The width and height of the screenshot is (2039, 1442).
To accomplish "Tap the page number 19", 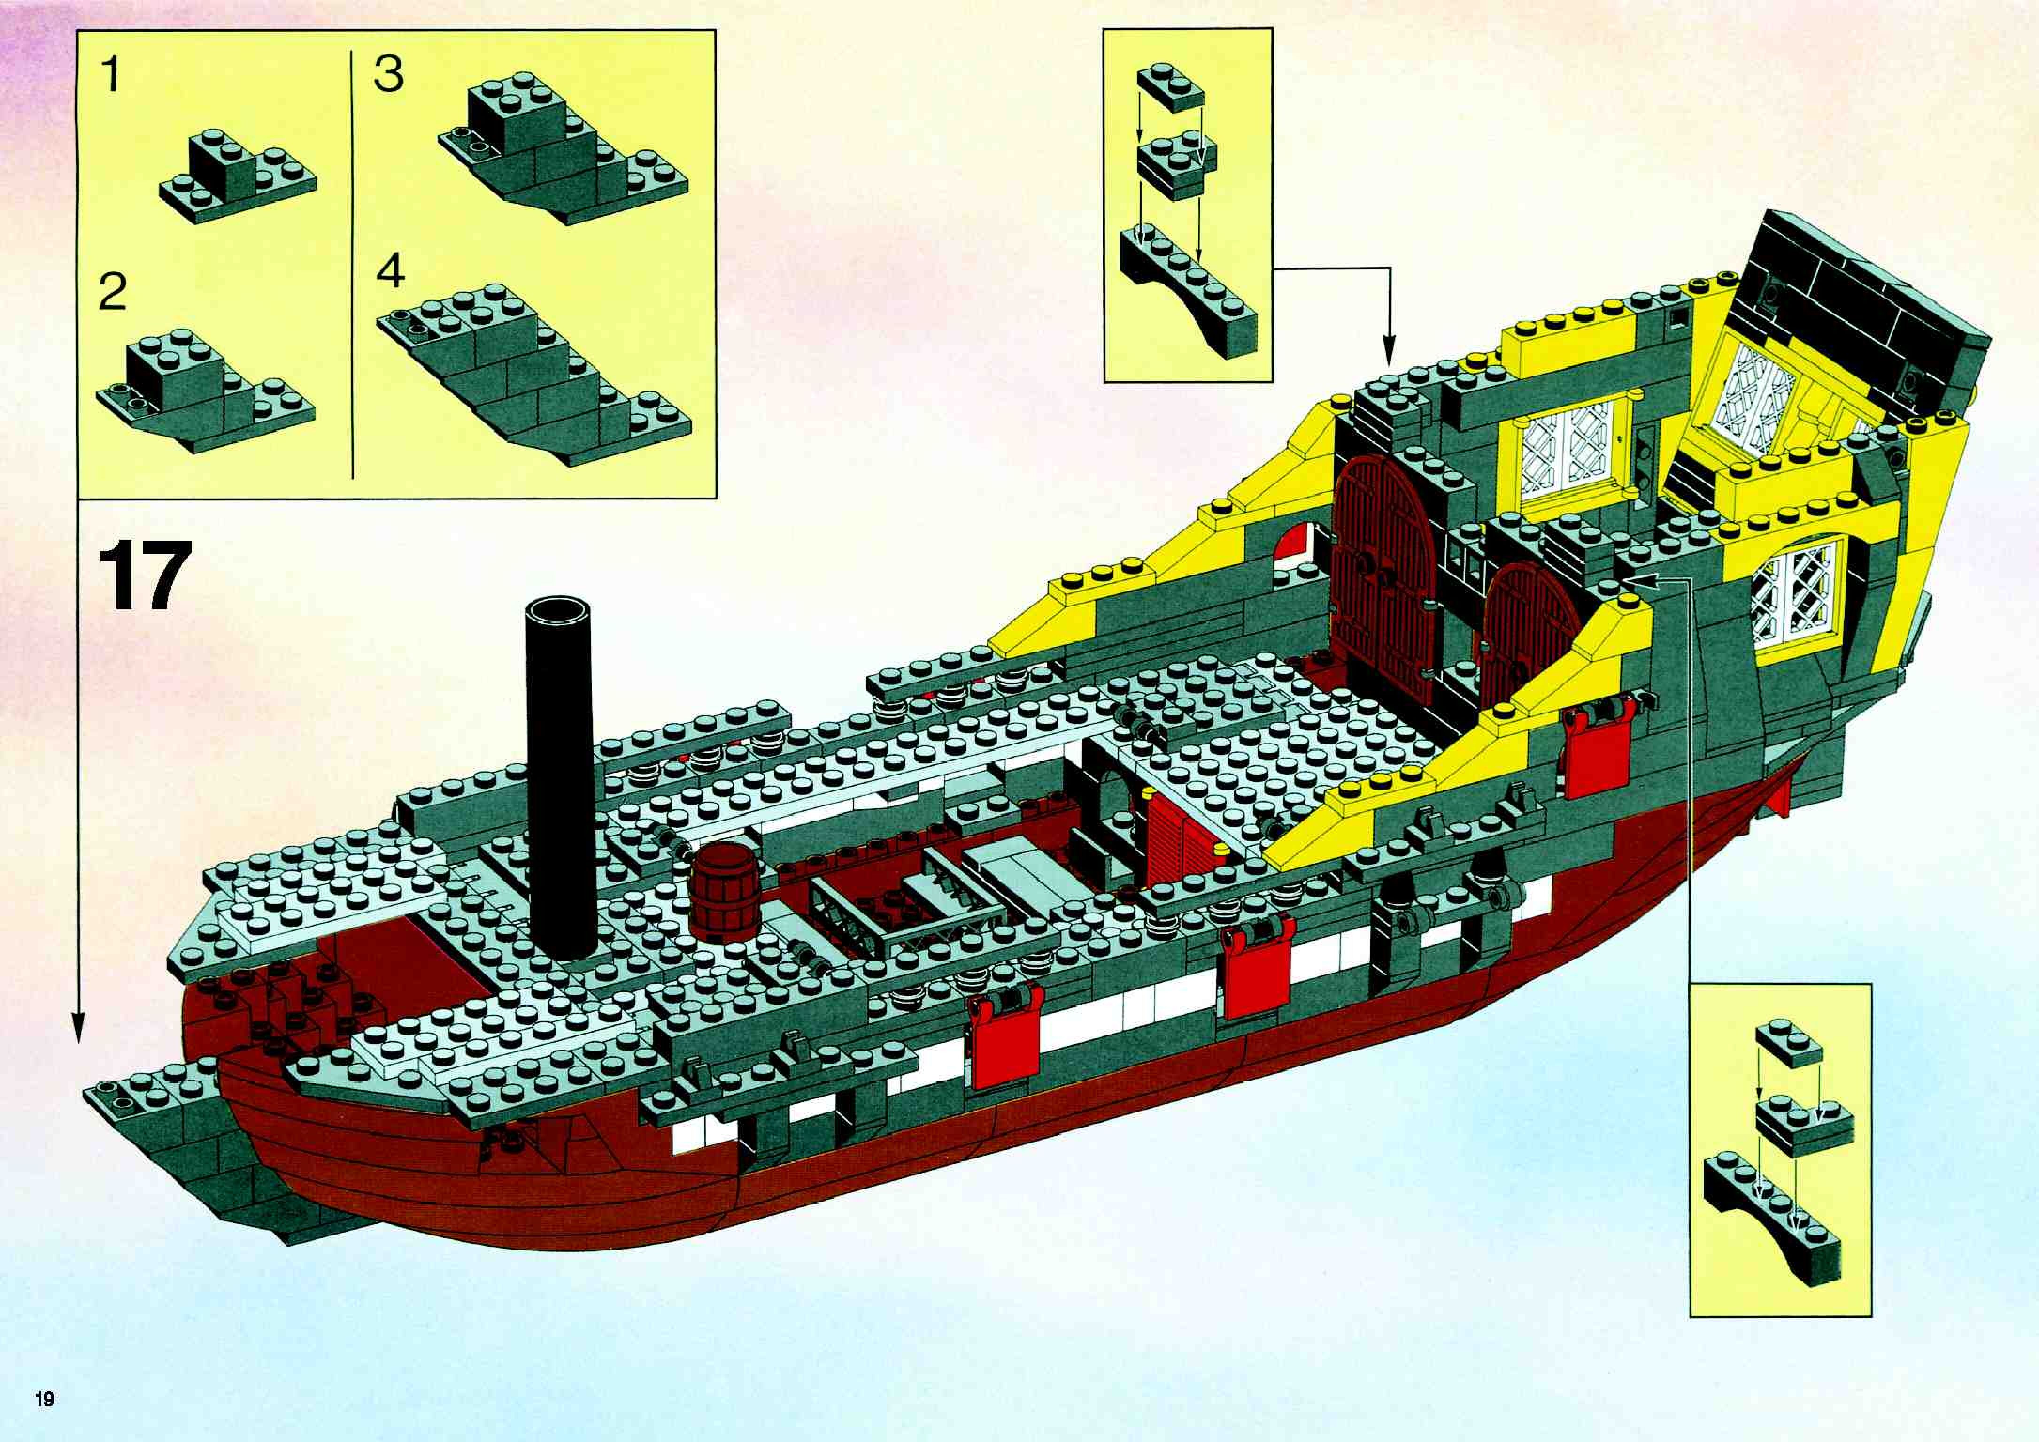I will pos(45,1400).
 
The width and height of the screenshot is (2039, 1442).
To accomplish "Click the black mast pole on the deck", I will pos(559,773).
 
